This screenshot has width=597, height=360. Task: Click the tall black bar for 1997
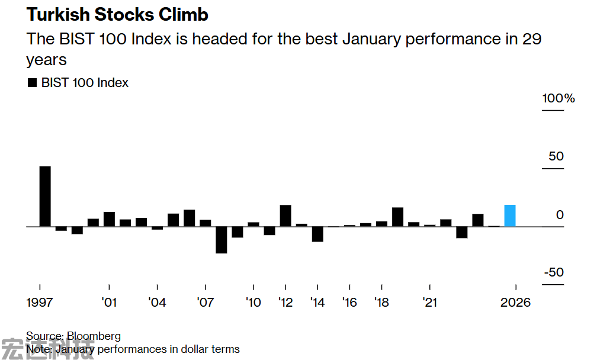point(45,197)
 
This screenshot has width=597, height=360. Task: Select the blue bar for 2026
point(510,216)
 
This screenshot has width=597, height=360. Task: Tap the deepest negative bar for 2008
point(221,240)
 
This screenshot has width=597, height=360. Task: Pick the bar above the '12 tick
point(285,216)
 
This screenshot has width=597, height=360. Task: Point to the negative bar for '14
point(317,234)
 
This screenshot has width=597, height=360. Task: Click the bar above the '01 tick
point(109,219)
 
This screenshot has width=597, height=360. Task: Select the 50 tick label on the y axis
point(556,157)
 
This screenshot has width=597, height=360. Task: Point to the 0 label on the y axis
point(560,215)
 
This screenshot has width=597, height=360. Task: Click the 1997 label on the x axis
point(40,303)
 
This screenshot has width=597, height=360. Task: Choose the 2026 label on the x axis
point(515,303)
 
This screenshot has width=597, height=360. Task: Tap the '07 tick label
point(205,303)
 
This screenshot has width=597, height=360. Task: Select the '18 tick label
point(381,303)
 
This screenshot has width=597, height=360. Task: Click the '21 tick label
point(429,303)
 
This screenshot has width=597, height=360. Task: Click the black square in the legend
point(32,83)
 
